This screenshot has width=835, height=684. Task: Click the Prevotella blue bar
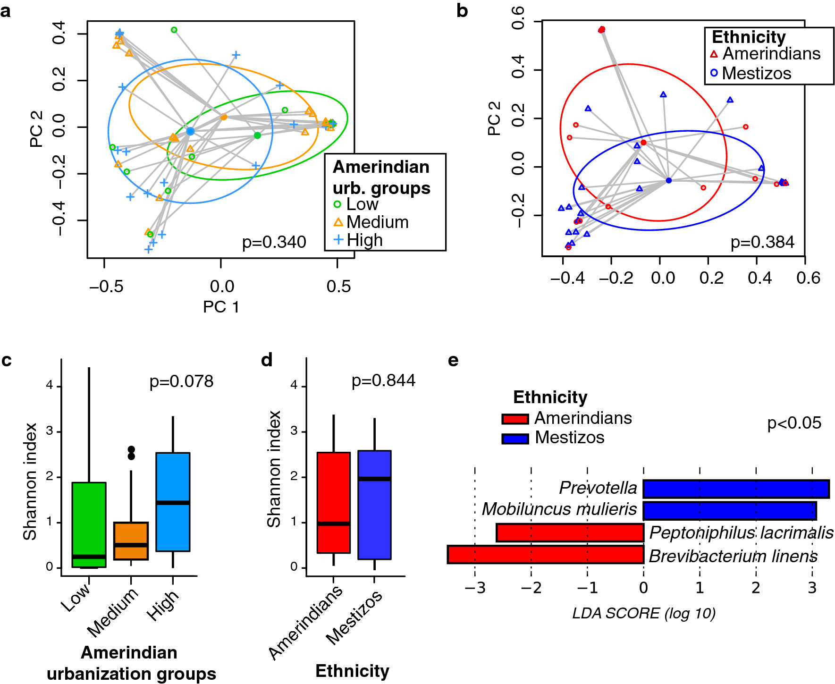click(735, 489)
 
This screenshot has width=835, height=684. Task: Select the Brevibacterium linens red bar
click(545, 554)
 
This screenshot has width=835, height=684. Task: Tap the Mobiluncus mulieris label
click(559, 509)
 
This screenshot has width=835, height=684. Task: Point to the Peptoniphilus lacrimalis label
click(741, 532)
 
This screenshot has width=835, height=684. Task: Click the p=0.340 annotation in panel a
click(274, 242)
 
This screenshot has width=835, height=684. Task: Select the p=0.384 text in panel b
click(762, 242)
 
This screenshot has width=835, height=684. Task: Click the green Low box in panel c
click(89, 524)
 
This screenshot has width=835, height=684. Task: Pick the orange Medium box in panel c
click(131, 540)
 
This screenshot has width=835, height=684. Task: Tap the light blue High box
click(173, 501)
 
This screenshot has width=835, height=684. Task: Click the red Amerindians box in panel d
click(333, 502)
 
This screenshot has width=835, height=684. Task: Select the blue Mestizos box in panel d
click(374, 505)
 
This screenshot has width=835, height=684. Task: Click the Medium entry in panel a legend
click(377, 222)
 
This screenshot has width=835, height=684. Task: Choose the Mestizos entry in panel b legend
click(756, 73)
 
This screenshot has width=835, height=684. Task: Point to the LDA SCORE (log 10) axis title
click(644, 613)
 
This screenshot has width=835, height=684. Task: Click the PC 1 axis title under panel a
click(221, 307)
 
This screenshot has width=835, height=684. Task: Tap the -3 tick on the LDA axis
click(474, 588)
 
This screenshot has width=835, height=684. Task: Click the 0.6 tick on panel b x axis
click(808, 278)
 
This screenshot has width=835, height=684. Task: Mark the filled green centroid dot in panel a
click(257, 135)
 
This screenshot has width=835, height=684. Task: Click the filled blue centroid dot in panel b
click(668, 180)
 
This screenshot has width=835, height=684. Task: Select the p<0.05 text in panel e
click(794, 422)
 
